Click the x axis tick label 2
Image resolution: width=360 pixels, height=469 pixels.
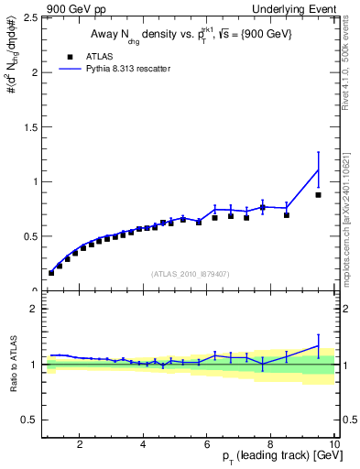[x=81, y=445]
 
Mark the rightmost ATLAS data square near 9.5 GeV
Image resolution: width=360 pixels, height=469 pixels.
[x=318, y=195]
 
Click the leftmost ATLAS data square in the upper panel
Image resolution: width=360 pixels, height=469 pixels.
[x=51, y=273]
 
